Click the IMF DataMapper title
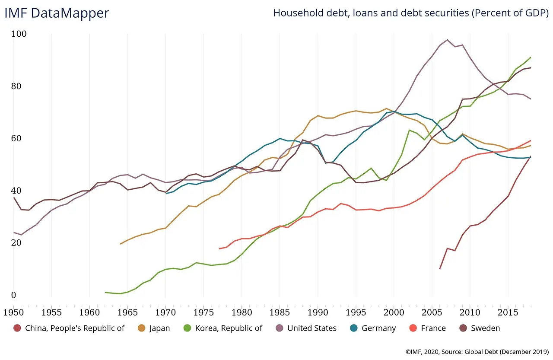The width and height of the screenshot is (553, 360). pos(57,13)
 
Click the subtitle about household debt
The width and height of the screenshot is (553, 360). pos(410,13)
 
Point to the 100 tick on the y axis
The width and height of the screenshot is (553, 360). pos(19,34)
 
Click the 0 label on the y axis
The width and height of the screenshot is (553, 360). pos(13,295)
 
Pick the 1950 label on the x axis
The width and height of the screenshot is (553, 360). pos(13,310)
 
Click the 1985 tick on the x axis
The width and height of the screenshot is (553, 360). pos(280,310)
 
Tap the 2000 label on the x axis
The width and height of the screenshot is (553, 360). pos(394,310)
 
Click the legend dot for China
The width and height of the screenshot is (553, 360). pos(17,328)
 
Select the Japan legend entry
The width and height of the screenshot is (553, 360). pos(159,328)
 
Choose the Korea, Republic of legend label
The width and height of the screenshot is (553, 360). pos(229,328)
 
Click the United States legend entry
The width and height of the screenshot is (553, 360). pos(311,328)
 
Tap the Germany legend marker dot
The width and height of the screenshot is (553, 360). pos(354,328)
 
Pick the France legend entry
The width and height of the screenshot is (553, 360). pos(433,328)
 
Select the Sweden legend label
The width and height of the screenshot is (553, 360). pos(485,328)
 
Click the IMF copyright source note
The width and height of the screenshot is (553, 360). pos(477,352)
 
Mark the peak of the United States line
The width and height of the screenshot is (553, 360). pos(447,40)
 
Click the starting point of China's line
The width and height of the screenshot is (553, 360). pos(440,269)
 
